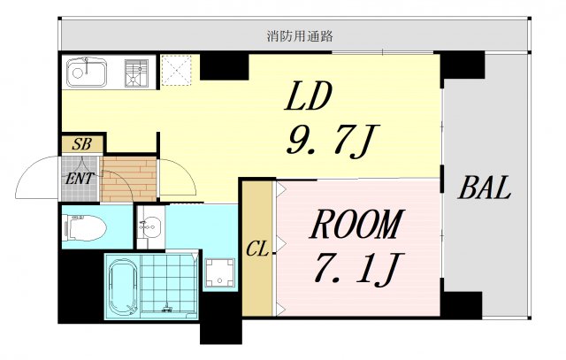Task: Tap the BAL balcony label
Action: [485, 188]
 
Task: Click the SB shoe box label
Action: [81, 144]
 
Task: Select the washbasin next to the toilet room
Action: [149, 226]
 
